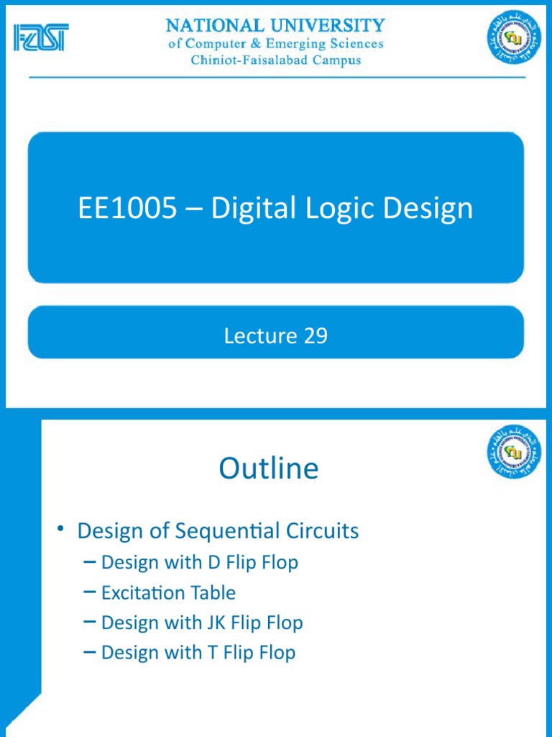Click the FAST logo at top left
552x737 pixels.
coord(40,37)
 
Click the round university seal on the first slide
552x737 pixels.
coord(515,38)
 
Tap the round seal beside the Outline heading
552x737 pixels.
coord(515,451)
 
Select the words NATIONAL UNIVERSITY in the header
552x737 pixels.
coord(275,26)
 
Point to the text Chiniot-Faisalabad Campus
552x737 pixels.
coord(275,60)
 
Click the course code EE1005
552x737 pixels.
coord(126,209)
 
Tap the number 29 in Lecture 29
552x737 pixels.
coord(315,335)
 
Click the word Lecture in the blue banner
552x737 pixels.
coord(260,335)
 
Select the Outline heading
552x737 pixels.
coord(268,469)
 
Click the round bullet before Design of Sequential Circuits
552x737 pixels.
coord(63,530)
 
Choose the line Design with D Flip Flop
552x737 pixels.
coord(199,562)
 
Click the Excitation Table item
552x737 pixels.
coord(168,592)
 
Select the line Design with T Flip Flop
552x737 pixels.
coord(198,653)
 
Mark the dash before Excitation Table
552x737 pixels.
coord(90,592)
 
